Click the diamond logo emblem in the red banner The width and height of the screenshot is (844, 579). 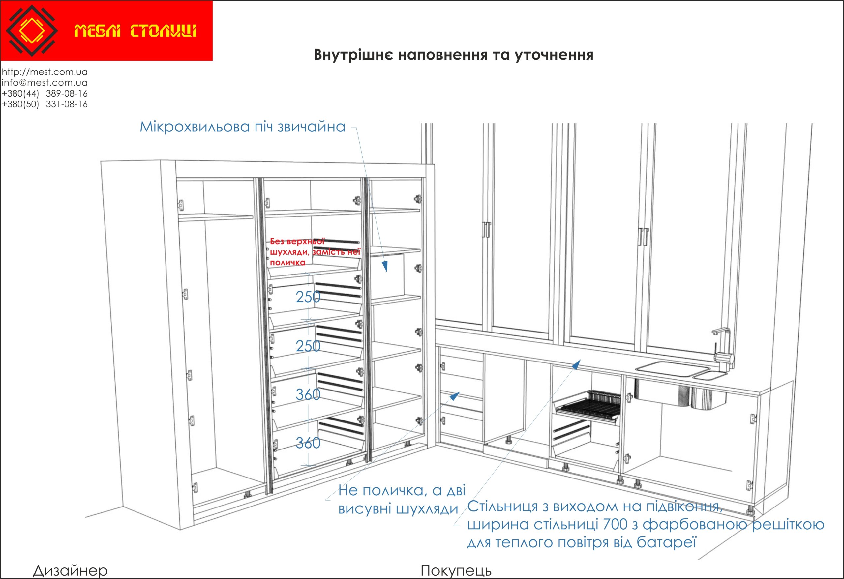tap(32, 31)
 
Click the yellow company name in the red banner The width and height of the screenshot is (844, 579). tap(136, 31)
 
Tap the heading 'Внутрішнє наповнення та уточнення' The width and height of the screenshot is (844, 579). tap(454, 55)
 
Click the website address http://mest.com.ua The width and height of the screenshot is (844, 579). tap(45, 72)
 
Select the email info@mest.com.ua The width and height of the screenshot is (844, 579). tap(45, 83)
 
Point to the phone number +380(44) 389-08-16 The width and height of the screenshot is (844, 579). tap(45, 94)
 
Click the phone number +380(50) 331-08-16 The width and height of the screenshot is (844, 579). tap(45, 104)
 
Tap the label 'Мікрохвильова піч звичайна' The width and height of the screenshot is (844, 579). tap(243, 127)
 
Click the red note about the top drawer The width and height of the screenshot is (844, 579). tap(315, 251)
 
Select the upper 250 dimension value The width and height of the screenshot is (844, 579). tap(308, 297)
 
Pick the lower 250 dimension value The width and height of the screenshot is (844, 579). tap(308, 346)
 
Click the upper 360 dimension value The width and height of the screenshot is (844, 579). tap(308, 394)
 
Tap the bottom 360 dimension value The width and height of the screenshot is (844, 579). tap(308, 443)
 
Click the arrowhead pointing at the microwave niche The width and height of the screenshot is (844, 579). tap(385, 267)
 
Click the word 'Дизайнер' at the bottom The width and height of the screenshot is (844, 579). tap(71, 571)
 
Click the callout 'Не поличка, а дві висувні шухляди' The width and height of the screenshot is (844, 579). tap(402, 500)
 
